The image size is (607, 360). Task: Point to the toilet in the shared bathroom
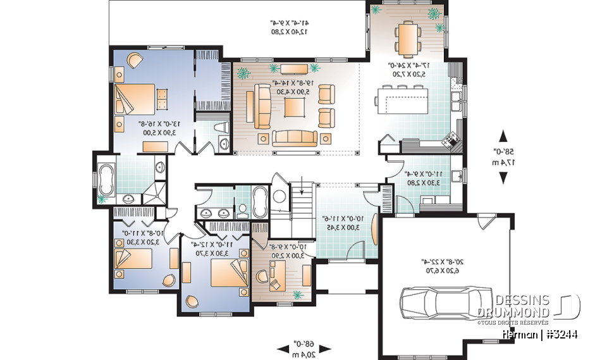pos(242,209)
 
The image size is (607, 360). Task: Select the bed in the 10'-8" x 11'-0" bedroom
pos(133,259)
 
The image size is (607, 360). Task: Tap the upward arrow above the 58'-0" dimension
pos(504,135)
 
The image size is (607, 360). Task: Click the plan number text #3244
pos(560,333)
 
